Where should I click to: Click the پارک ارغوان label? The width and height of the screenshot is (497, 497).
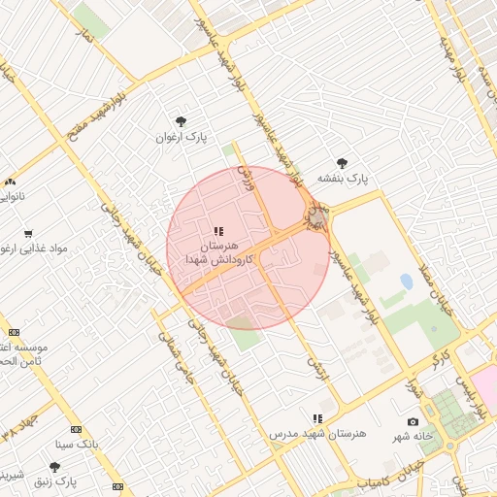click(182, 137)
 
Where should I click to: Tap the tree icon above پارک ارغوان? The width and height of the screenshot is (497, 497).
click(182, 121)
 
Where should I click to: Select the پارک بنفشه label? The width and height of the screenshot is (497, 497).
click(346, 179)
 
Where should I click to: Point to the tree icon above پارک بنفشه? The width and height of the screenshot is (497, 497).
click(341, 163)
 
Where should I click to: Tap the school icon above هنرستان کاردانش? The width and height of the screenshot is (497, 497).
click(218, 231)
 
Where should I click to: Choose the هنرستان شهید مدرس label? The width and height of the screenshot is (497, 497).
click(320, 432)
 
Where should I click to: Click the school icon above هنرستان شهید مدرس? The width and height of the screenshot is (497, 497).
click(316, 416)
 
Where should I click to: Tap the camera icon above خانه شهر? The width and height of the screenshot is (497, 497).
click(413, 421)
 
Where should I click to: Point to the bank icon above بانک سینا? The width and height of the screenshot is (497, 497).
click(76, 429)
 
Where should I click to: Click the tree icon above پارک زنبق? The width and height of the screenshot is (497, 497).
click(55, 467)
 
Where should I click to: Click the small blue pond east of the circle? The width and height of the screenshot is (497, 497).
click(405, 282)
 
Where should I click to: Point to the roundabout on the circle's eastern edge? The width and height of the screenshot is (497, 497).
click(316, 215)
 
